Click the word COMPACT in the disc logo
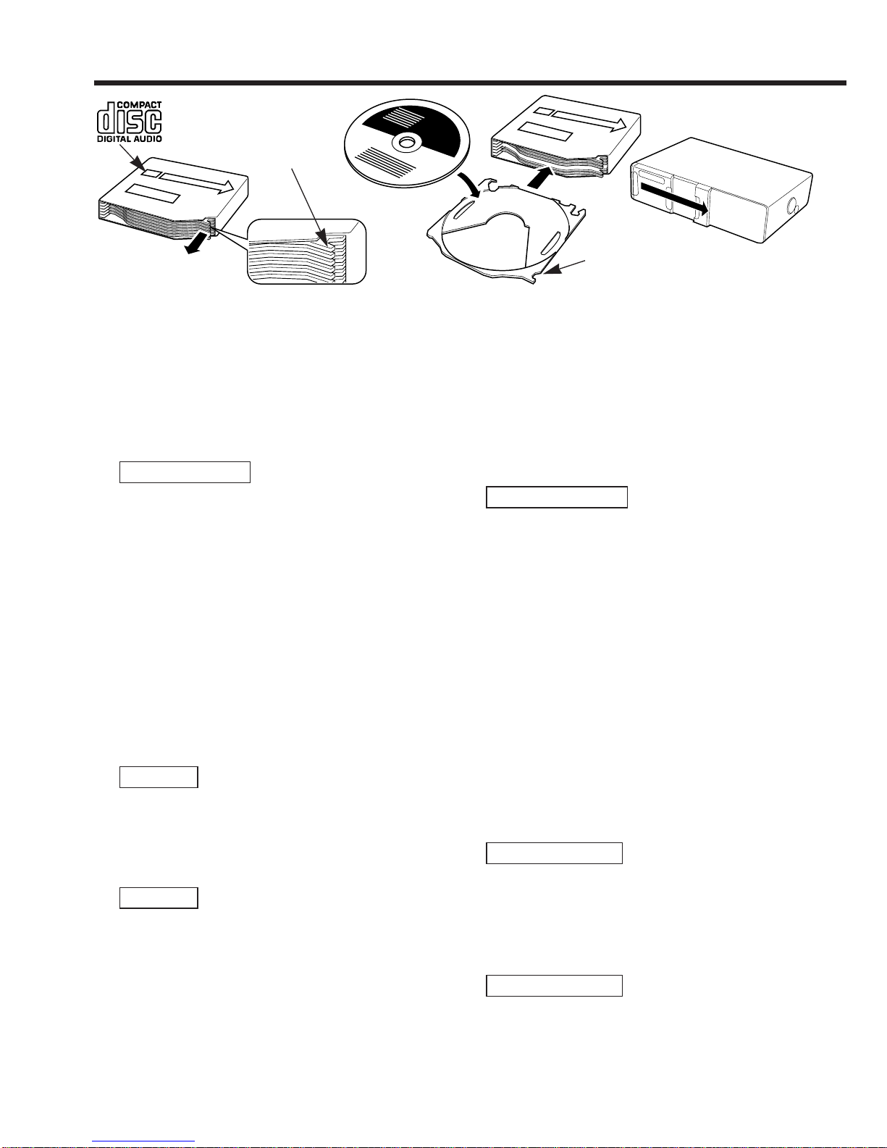(139, 105)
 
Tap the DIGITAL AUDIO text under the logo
(130, 139)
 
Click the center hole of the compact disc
(406, 141)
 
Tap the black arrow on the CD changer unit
(674, 198)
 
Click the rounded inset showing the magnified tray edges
(307, 251)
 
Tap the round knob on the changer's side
(791, 206)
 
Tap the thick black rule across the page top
(470, 83)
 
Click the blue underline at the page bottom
(143, 1141)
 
